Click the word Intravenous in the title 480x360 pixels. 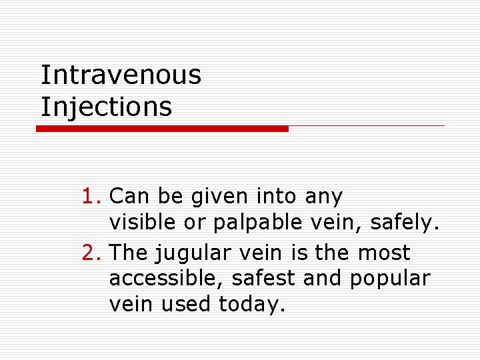pos(121,75)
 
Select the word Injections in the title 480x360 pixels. pos(107,107)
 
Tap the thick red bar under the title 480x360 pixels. pos(162,129)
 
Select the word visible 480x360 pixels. pos(142,222)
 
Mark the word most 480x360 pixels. pos(384,253)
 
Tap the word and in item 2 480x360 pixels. pos(323,279)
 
